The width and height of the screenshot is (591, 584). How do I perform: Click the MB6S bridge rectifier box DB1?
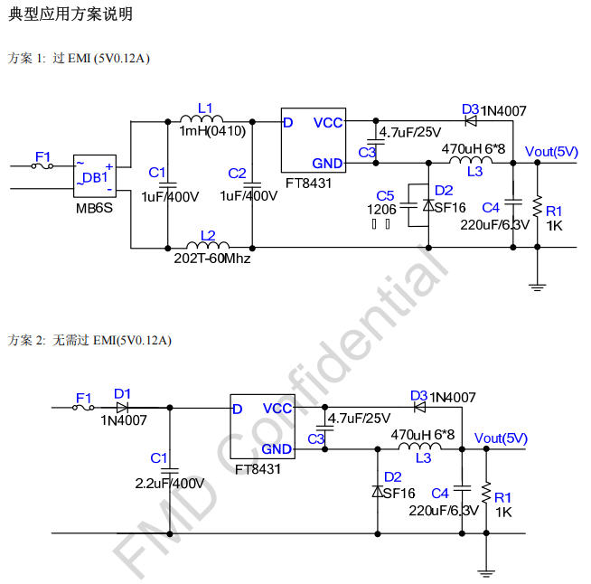click(94, 177)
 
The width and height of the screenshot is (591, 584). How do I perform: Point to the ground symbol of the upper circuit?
click(538, 287)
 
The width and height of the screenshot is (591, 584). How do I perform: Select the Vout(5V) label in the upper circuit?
click(551, 151)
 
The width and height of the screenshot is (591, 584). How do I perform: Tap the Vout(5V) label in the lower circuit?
click(501, 438)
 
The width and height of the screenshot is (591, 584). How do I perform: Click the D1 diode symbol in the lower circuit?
click(122, 408)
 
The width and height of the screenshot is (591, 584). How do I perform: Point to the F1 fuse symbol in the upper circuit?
click(42, 166)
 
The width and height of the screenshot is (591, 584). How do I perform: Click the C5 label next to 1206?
click(385, 195)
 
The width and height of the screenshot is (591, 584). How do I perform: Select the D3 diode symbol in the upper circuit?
click(471, 119)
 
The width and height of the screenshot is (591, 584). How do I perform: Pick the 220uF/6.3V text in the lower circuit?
click(443, 510)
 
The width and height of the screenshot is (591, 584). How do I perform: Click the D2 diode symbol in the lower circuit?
click(376, 491)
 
